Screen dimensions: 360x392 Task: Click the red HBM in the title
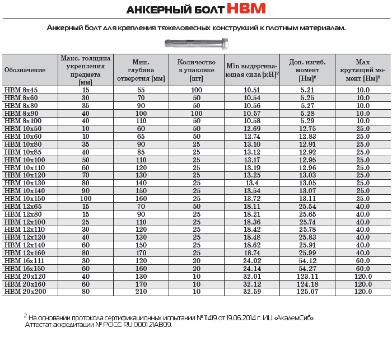coord(246,9)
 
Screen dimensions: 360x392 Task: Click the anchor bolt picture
coord(195,43)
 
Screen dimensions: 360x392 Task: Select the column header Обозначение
coord(25,70)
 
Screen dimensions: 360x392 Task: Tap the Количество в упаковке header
coord(196,70)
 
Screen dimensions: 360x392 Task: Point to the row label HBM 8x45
coord(21,90)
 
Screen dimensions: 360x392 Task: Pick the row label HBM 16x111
coord(23,260)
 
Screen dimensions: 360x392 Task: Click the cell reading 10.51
coord(252,90)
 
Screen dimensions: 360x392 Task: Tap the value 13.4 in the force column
coord(252,183)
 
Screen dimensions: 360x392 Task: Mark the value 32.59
coord(252,292)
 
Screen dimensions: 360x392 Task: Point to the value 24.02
coord(252,260)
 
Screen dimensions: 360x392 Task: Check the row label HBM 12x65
coord(21,207)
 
